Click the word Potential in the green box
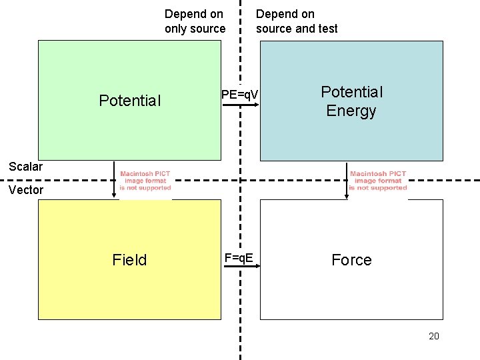[x=129, y=101]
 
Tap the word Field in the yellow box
[x=129, y=260]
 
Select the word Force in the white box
[x=351, y=260]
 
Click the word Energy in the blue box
[x=351, y=111]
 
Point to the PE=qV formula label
[x=239, y=95]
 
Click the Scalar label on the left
[x=25, y=167]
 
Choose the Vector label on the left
[x=25, y=190]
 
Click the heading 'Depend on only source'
[x=195, y=21]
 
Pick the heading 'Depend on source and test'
[x=297, y=21]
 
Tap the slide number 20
[x=434, y=336]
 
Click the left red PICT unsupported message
[x=145, y=181]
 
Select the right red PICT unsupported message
[x=378, y=181]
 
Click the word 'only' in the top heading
[x=177, y=29]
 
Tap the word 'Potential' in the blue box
[x=351, y=91]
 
